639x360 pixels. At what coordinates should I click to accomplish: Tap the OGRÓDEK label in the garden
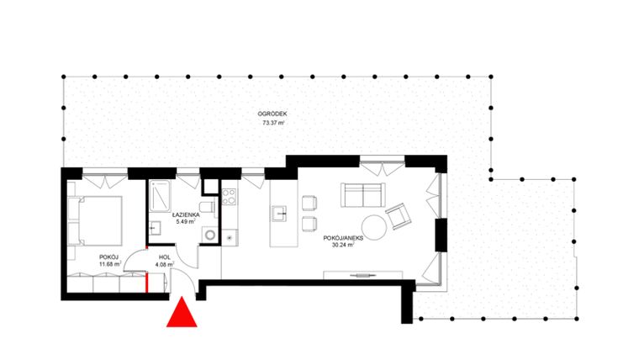(272, 114)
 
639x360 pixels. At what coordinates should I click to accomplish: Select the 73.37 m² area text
(272, 123)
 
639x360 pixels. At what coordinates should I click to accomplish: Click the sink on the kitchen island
(280, 214)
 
